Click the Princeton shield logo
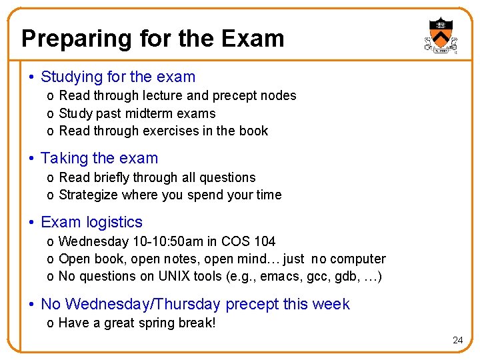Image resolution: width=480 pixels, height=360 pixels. [x=439, y=35]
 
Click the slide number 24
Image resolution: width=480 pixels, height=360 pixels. [x=457, y=340]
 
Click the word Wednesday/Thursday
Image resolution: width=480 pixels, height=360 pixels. [x=131, y=305]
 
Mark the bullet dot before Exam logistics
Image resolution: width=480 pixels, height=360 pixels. [x=31, y=223]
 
